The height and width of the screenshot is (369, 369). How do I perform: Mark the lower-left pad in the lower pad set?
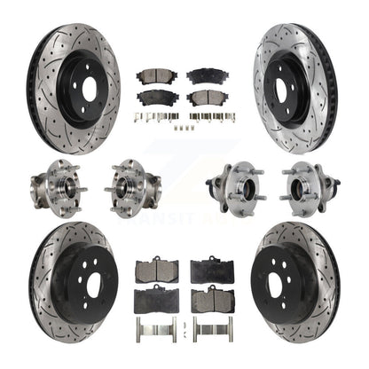156,300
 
